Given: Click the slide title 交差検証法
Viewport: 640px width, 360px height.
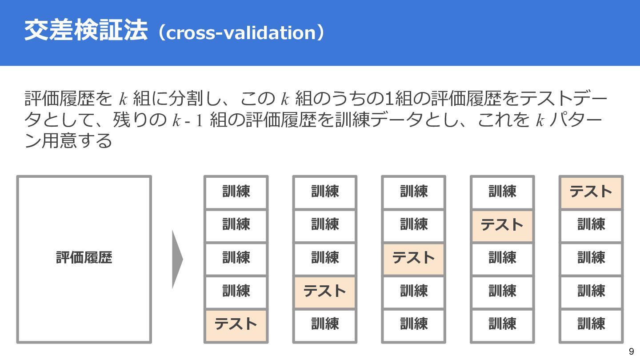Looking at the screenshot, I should pos(85,31).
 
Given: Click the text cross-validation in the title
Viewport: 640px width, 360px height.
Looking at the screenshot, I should pos(240,33).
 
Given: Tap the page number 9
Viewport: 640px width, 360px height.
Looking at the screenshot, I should pos(631,351).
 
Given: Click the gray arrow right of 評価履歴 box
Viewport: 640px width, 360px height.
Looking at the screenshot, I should pos(177,259).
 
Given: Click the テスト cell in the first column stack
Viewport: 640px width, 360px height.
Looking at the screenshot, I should pos(236,324).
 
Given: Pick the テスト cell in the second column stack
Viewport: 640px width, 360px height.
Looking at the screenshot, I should pos(325,291).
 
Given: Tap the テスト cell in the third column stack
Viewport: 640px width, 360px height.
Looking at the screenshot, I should pos(414,258).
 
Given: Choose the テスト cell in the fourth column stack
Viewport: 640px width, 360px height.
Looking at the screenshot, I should pos(502,225).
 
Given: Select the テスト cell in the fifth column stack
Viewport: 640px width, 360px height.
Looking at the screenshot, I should pos(591,192).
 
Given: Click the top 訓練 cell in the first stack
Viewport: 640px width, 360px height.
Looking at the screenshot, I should pos(236,192).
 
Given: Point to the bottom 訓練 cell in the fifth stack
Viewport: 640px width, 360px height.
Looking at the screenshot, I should pos(591,324).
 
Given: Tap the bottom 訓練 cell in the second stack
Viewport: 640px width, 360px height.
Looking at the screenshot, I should pos(325,324).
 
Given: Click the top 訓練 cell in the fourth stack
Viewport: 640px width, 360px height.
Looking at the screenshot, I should pos(502,192).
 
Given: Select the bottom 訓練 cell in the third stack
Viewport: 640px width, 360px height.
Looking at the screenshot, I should pos(414,324).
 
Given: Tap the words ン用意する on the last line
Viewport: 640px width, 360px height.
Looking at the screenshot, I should pos(68,141).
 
